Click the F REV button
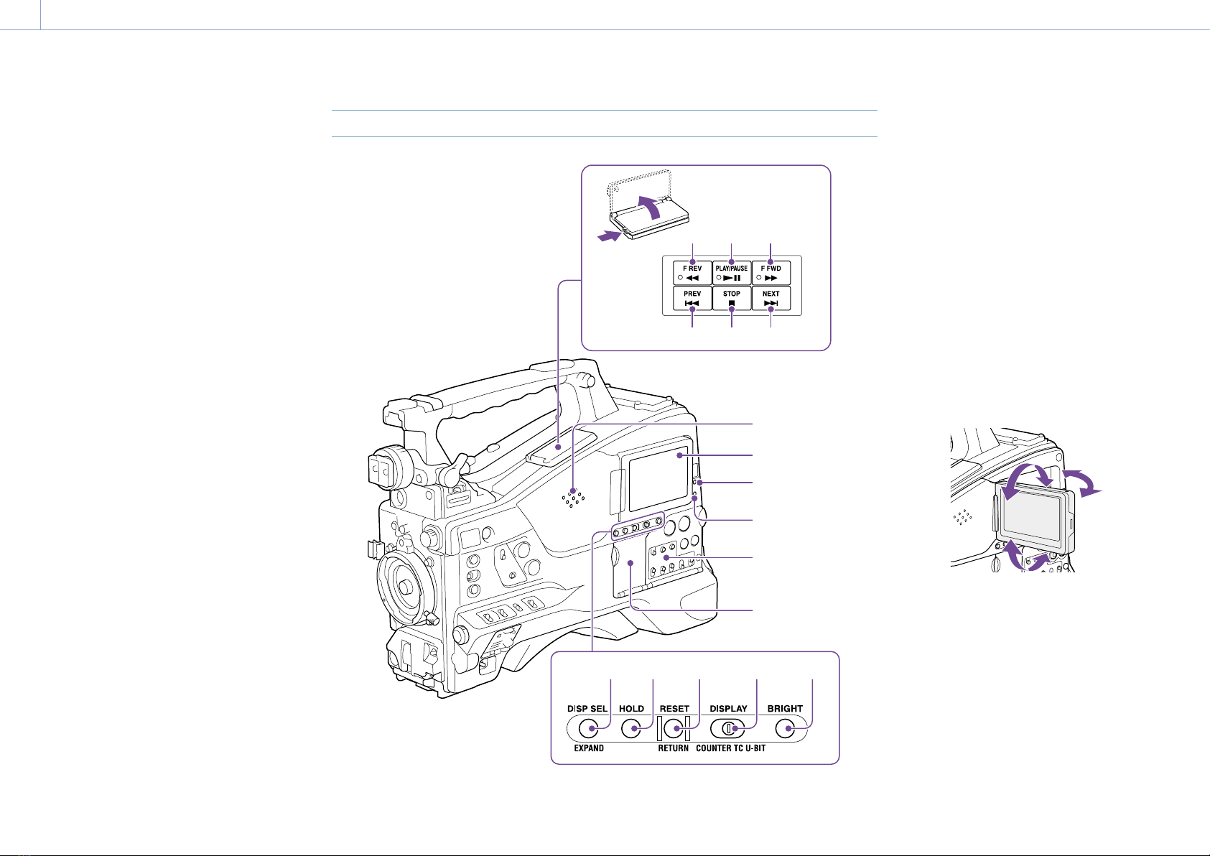692,273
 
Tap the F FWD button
771,273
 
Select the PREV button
692,298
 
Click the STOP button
732,298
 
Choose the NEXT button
771,298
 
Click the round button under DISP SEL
588,729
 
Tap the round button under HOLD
631,729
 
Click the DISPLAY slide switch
729,729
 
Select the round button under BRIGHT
785,729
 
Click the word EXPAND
589,748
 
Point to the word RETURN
673,748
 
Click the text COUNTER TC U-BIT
730,748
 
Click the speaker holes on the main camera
573,498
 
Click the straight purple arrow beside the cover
610,236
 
